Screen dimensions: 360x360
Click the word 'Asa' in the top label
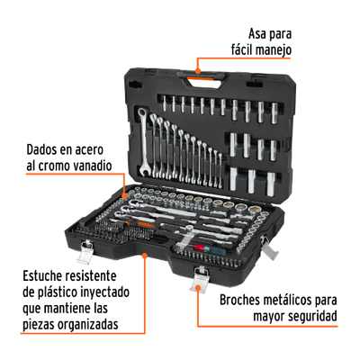(x=258, y=34)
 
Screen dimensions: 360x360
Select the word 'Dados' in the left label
(x=41, y=149)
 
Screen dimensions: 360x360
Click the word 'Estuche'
(x=42, y=275)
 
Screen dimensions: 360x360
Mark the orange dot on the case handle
(x=197, y=71)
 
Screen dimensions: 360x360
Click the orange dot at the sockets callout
(x=124, y=195)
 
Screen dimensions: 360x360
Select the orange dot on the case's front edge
(x=145, y=256)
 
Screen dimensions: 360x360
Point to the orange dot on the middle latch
(x=198, y=288)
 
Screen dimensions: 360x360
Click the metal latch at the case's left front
(x=85, y=252)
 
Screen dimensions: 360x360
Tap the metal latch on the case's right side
(x=268, y=247)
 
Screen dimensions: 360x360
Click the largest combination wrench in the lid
(x=143, y=142)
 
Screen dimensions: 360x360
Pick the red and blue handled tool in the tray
(x=209, y=249)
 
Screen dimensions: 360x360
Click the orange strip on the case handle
(x=201, y=79)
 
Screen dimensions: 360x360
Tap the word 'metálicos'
(x=288, y=300)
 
